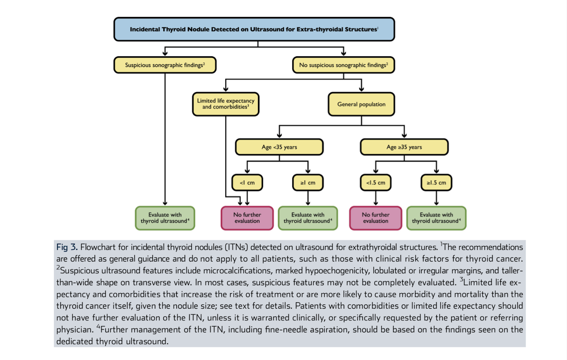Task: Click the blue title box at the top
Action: click(254, 29)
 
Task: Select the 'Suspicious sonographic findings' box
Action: click(165, 65)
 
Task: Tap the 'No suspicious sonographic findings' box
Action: click(343, 65)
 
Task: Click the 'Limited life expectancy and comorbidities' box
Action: click(226, 104)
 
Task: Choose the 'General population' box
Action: click(361, 104)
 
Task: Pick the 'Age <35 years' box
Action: click(279, 147)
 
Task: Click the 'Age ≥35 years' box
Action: click(404, 147)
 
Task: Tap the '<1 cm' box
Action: click(247, 182)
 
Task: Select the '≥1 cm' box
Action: click(308, 182)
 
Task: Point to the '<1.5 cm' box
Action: click(376, 182)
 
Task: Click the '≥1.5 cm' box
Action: click(436, 182)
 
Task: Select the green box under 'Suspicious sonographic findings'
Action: click(165, 218)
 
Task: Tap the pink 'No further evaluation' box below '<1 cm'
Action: click(247, 218)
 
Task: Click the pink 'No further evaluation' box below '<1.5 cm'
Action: click(376, 218)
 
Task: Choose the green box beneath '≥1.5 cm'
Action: click(436, 218)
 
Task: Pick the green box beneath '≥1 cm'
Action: click(308, 218)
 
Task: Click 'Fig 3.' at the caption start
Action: click(67, 247)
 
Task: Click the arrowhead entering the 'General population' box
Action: click(361, 89)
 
